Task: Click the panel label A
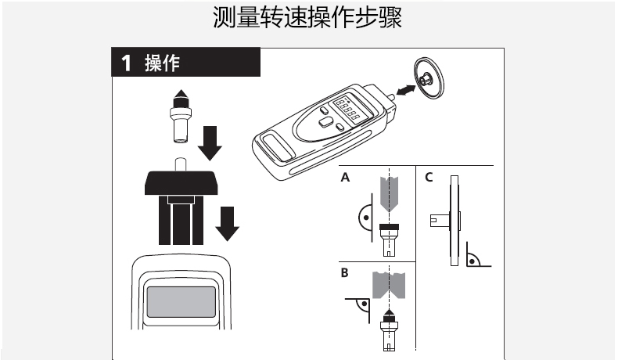point(345,178)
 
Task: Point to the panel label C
point(428,178)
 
